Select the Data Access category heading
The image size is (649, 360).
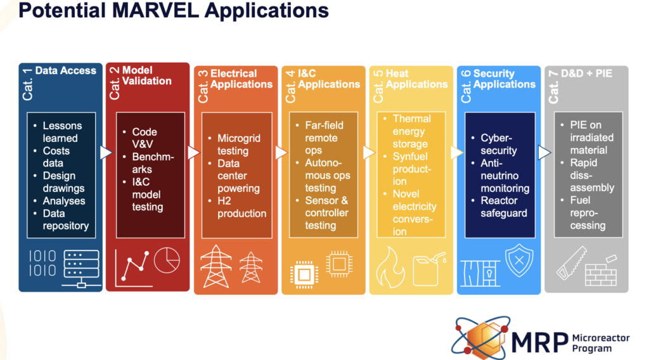(65, 71)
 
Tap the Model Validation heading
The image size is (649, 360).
(146, 75)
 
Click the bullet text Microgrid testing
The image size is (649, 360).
(238, 145)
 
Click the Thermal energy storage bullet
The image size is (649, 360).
(411, 131)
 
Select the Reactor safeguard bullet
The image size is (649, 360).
(503, 207)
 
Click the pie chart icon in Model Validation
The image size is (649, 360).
(167, 260)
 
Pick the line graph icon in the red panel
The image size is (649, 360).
(132, 265)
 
